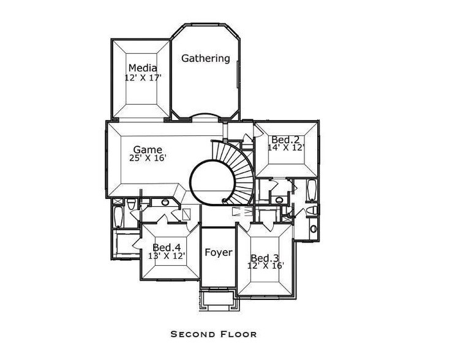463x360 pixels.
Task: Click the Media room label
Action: click(x=143, y=68)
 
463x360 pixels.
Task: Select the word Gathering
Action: click(x=206, y=59)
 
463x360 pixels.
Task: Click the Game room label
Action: click(x=148, y=149)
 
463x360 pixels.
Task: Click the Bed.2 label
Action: click(x=285, y=140)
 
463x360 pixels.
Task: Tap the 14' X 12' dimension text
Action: click(x=286, y=148)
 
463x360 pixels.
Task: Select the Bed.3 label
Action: click(x=265, y=257)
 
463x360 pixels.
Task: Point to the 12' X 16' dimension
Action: click(x=265, y=266)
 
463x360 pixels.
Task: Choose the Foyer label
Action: click(x=218, y=252)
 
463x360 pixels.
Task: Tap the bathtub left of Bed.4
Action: click(x=119, y=217)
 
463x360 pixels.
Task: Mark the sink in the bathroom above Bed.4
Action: click(x=165, y=203)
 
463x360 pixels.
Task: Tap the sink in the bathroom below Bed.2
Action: click(x=279, y=199)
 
